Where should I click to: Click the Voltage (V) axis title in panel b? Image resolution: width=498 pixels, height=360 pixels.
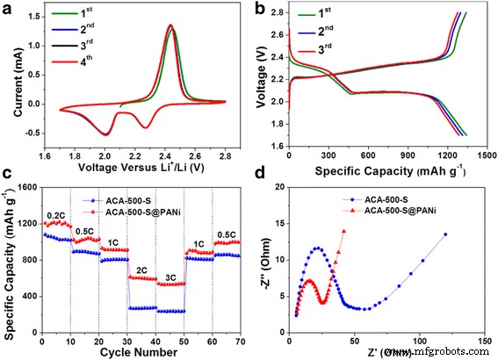[261, 79]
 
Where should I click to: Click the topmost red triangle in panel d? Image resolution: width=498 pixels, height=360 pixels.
[343, 231]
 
